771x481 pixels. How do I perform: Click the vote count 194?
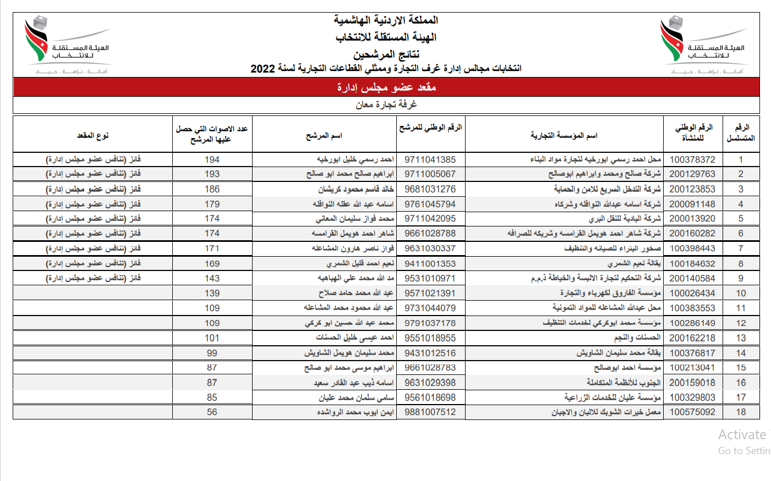(212, 159)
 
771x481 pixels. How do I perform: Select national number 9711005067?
(430, 174)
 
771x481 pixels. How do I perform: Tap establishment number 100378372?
(692, 159)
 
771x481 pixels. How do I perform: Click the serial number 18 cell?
(741, 412)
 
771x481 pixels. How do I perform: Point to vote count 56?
(212, 412)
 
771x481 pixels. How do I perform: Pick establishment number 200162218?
(692, 338)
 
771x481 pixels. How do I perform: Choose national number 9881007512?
(430, 412)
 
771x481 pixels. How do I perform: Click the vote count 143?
(212, 279)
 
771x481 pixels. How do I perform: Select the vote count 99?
(212, 353)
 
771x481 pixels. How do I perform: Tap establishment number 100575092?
(692, 412)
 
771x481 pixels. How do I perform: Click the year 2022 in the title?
(263, 69)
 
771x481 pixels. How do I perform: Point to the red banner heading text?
(386, 87)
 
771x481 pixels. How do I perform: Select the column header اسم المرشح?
(324, 135)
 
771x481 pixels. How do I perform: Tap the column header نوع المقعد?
(92, 135)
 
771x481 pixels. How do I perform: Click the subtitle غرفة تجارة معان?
(386, 104)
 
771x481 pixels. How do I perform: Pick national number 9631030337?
(430, 248)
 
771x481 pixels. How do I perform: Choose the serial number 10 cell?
(741, 294)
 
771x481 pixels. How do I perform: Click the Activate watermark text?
(742, 435)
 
